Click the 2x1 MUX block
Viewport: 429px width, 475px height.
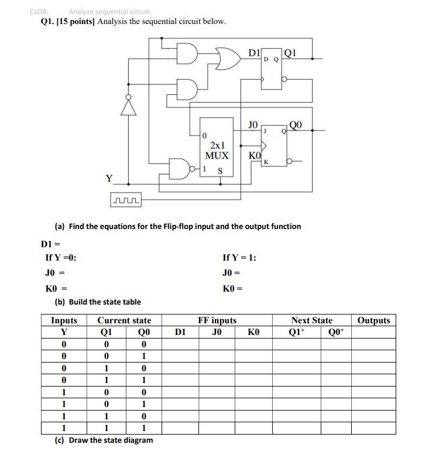pos(216,150)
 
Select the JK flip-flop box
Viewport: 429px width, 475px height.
pos(274,145)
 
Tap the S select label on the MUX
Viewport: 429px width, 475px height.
pos(221,171)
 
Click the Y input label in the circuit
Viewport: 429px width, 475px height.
pos(108,178)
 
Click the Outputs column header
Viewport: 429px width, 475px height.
pos(373,320)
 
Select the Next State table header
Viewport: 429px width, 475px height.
pos(311,320)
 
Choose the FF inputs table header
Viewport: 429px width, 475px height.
pos(217,320)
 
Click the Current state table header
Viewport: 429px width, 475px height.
pos(124,320)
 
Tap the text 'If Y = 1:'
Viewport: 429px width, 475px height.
pos(239,258)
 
